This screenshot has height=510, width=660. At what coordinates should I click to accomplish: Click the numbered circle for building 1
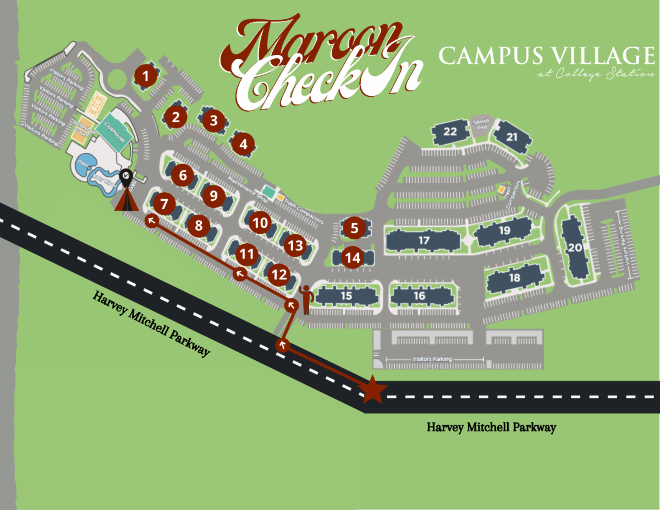(x=146, y=76)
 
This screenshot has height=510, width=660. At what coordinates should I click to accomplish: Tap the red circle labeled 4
(x=243, y=145)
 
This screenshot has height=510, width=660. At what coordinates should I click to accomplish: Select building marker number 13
(x=296, y=245)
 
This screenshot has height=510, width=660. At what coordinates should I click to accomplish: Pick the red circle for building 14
(x=353, y=257)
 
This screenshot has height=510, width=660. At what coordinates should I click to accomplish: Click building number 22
(x=450, y=131)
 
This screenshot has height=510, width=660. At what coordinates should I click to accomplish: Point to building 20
(x=575, y=248)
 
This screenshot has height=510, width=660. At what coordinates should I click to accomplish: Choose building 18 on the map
(x=514, y=278)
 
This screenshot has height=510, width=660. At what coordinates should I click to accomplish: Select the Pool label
(x=83, y=163)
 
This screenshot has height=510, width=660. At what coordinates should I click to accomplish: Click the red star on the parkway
(x=373, y=391)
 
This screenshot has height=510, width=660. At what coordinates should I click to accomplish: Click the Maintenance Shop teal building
(x=268, y=191)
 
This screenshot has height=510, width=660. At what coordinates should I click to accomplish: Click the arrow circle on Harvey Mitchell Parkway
(x=283, y=345)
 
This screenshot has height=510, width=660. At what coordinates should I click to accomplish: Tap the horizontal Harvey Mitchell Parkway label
(x=491, y=427)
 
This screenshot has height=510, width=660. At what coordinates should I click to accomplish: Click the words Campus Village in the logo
(x=546, y=56)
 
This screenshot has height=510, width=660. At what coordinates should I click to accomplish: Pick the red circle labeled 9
(x=214, y=195)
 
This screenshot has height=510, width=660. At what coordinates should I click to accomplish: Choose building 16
(x=419, y=295)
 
